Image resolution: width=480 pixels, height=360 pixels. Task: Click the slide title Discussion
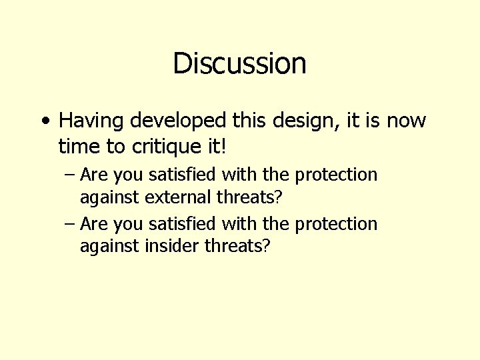(x=239, y=63)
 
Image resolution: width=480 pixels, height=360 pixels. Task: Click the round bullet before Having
(x=44, y=121)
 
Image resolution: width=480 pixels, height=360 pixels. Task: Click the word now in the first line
(x=405, y=121)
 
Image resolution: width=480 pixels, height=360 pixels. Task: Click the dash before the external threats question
(x=70, y=175)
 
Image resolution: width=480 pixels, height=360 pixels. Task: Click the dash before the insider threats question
(x=70, y=224)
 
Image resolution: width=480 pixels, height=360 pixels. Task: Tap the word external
(x=175, y=197)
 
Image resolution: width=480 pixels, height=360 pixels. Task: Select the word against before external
(x=109, y=198)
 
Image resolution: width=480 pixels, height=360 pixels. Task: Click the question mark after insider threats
(x=267, y=246)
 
